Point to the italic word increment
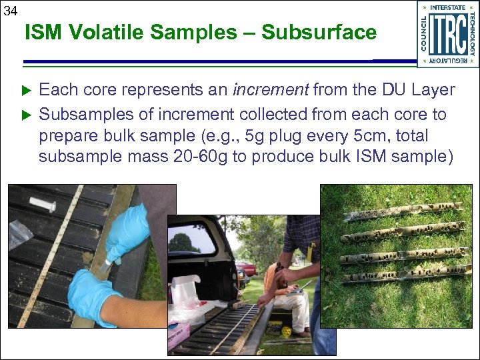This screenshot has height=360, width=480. tap(271, 89)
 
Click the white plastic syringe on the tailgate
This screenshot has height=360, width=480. tap(42, 204)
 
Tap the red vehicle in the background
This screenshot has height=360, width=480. tap(247, 268)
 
